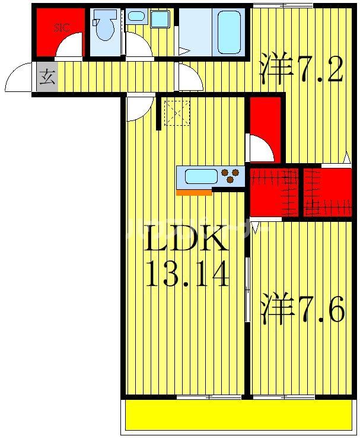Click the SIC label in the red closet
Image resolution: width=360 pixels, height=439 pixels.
coord(61,27)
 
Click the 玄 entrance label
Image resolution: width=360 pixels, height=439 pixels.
coord(47,77)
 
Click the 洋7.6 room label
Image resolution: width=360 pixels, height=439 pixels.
coord(302,310)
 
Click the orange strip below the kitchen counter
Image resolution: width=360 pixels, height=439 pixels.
coord(194,192)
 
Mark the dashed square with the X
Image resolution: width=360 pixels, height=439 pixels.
coord(176,113)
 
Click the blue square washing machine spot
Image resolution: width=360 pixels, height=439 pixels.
coord(159,19)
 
